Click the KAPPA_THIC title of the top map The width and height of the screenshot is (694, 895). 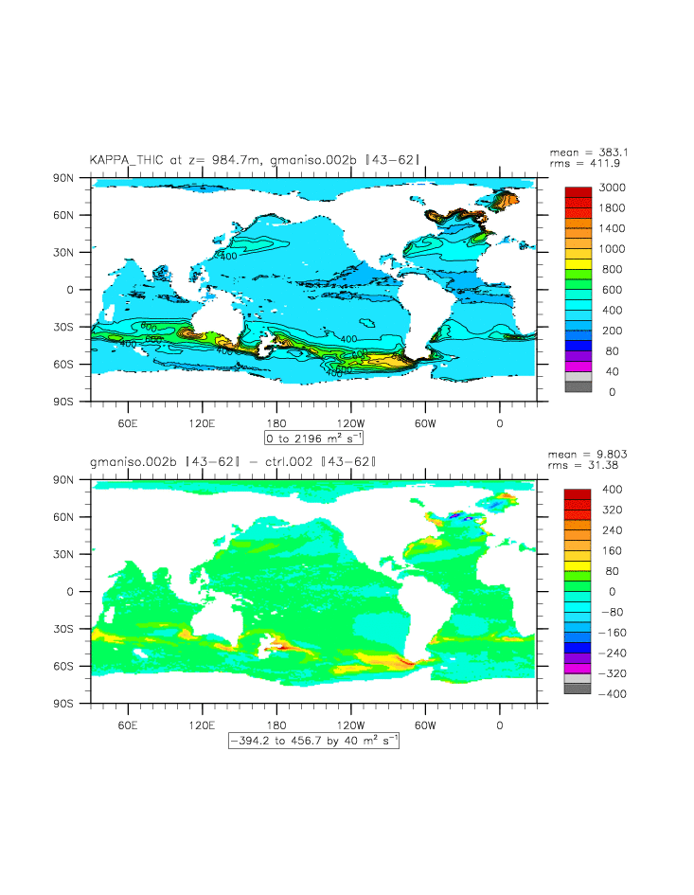[x=254, y=160]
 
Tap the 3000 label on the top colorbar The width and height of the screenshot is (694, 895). [x=611, y=188]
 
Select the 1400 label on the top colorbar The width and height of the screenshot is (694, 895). [x=611, y=228]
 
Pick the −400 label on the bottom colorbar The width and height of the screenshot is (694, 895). [x=611, y=693]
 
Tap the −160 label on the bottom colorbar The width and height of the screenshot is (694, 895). [x=611, y=632]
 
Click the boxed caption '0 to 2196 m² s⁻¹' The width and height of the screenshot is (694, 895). [x=313, y=438]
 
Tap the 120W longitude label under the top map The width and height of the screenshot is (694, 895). [x=350, y=422]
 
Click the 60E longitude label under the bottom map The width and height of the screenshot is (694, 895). [x=128, y=725]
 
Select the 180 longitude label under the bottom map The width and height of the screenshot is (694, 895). [x=276, y=725]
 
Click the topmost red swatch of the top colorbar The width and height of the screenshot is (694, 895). [x=578, y=192]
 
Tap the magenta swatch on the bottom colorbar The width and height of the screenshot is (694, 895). [x=578, y=668]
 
